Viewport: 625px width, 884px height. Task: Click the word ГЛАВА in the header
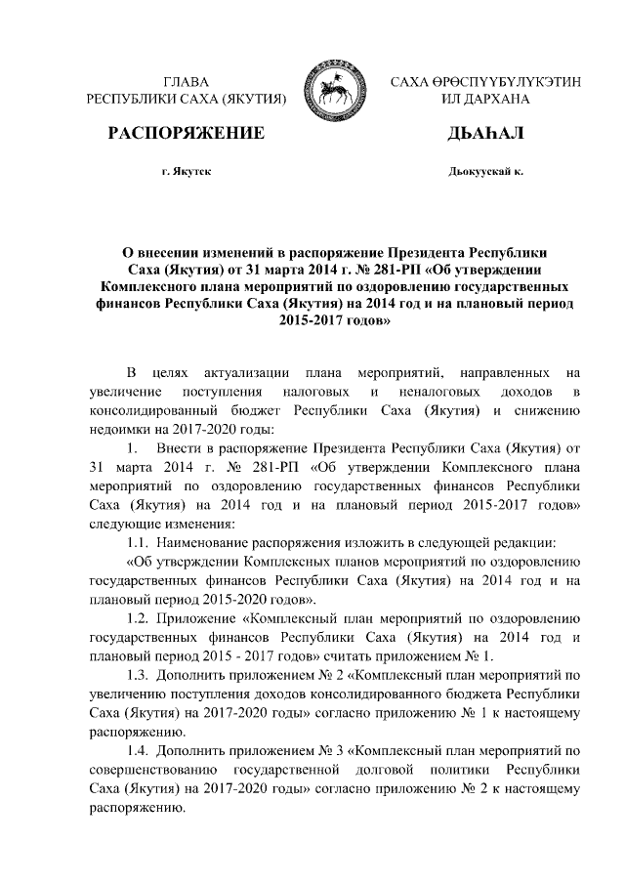click(186, 82)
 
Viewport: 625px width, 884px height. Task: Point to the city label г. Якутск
click(186, 171)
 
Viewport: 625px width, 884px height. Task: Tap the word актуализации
click(245, 372)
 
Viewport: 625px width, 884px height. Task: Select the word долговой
click(369, 769)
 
